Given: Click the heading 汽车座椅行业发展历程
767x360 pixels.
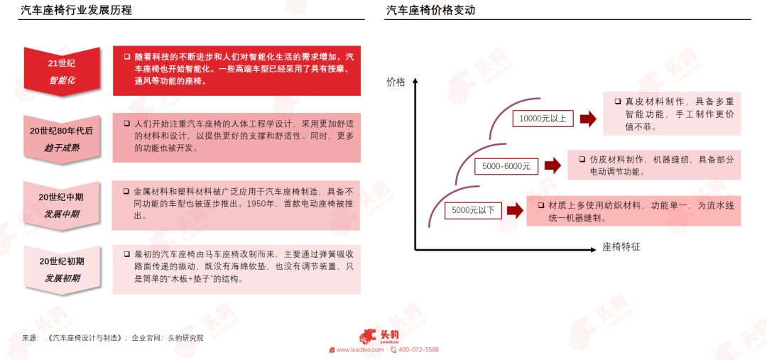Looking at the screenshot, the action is pyautogui.click(x=75, y=10).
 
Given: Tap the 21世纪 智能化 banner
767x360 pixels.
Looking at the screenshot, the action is pyautogui.click(x=62, y=72).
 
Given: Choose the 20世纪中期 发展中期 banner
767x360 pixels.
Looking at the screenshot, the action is pyautogui.click(x=62, y=206).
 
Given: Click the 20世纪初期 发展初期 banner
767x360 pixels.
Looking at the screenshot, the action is pyautogui.click(x=62, y=270).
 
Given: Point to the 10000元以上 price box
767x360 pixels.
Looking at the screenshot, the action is pyautogui.click(x=543, y=119).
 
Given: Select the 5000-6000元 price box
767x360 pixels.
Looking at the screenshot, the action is pyautogui.click(x=506, y=166).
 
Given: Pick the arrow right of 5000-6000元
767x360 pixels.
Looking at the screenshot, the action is pyautogui.click(x=553, y=166).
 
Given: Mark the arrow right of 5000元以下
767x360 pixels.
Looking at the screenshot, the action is pyautogui.click(x=516, y=211).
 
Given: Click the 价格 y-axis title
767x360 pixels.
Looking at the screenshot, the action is pyautogui.click(x=396, y=82).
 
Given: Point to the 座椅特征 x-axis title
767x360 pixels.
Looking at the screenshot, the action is pyautogui.click(x=621, y=248).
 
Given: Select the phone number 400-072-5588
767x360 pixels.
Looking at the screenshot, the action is pyautogui.click(x=419, y=350).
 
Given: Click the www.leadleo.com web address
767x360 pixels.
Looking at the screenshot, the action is pyautogui.click(x=359, y=350).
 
